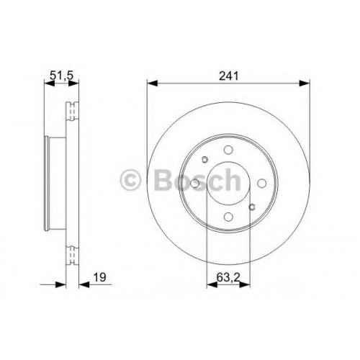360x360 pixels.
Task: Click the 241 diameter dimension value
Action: (229, 76)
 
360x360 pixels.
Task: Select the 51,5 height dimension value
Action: (61, 76)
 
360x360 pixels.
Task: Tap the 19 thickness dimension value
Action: (99, 277)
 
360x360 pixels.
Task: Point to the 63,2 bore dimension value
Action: (228, 277)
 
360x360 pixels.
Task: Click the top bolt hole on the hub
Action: (228, 150)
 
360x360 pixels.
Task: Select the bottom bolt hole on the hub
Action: (228, 217)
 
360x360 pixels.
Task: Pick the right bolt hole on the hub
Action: (261, 184)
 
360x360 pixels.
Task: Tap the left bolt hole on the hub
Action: (195, 184)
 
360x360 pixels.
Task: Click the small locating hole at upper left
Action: (204, 159)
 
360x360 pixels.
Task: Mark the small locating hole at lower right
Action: (252, 207)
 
